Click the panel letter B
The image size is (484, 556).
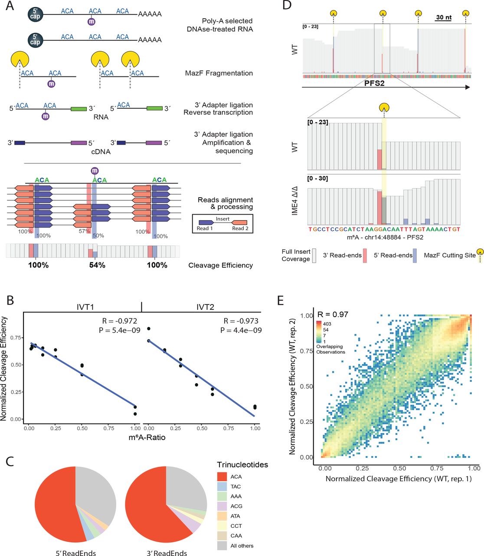click(x=10, y=301)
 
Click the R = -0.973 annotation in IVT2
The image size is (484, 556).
click(x=241, y=321)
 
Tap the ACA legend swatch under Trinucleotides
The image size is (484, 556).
click(x=222, y=477)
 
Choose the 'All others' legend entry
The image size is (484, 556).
click(x=242, y=546)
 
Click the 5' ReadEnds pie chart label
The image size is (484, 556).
click(x=75, y=553)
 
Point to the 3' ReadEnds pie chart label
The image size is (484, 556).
click(x=167, y=553)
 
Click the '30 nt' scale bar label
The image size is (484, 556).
click(x=444, y=17)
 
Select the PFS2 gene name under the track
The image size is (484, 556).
click(x=374, y=83)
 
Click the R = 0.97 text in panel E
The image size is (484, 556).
click(x=333, y=314)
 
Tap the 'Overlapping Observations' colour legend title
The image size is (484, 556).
click(x=330, y=349)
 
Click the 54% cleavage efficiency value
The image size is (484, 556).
click(x=97, y=265)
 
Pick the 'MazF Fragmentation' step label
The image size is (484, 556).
click(x=219, y=73)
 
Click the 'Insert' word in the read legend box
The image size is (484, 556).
click(x=222, y=219)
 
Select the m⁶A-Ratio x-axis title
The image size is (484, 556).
click(x=147, y=437)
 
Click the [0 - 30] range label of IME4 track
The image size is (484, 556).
click(x=317, y=179)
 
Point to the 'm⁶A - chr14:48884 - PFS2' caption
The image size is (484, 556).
click(x=385, y=237)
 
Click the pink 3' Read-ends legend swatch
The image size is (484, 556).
click(x=365, y=255)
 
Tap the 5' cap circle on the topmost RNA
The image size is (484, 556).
click(x=35, y=14)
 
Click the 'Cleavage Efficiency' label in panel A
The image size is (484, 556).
click(x=220, y=265)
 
